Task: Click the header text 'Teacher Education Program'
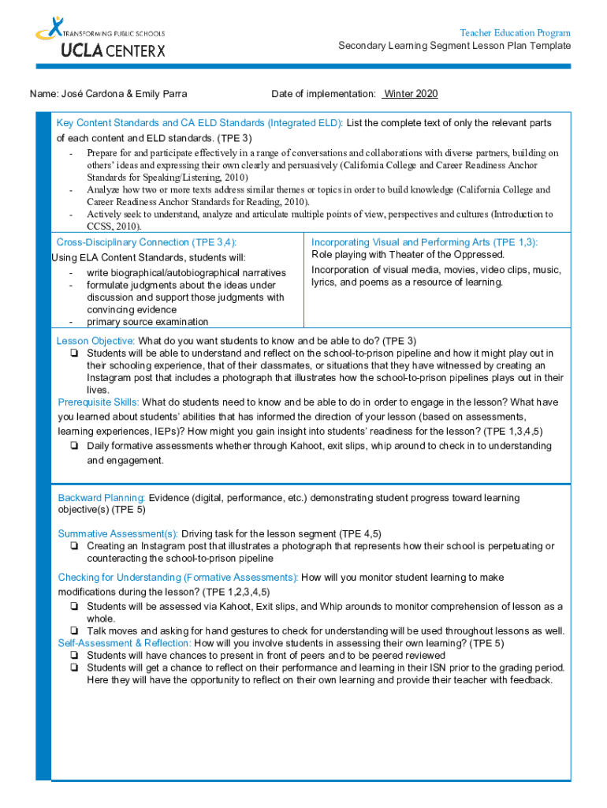point(515,33)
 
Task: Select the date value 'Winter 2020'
point(410,94)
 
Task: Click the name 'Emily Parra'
point(162,94)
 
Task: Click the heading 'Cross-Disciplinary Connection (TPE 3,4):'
point(147,242)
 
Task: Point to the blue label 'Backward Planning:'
point(102,498)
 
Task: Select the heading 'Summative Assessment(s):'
point(117,534)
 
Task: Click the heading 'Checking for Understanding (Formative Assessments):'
point(178,578)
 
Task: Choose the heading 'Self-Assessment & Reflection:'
point(125,643)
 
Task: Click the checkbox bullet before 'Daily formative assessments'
point(73,447)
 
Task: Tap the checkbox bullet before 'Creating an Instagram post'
point(73,546)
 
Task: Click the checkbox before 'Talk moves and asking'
point(73,631)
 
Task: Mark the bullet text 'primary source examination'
point(147,322)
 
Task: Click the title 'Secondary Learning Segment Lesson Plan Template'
point(455,46)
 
